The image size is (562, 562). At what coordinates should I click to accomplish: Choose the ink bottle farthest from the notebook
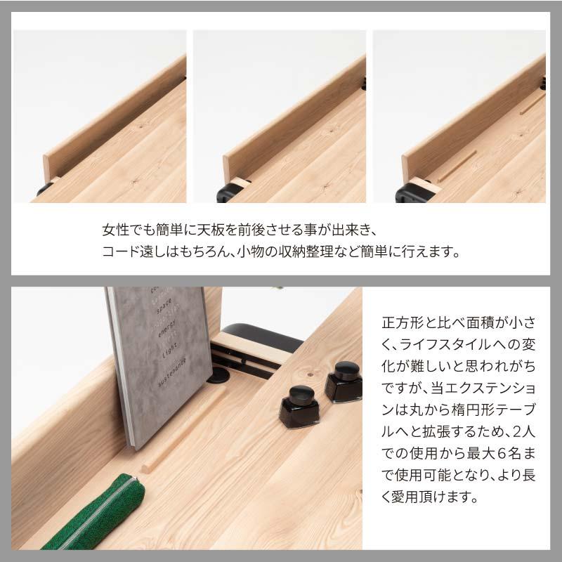(x=344, y=383)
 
